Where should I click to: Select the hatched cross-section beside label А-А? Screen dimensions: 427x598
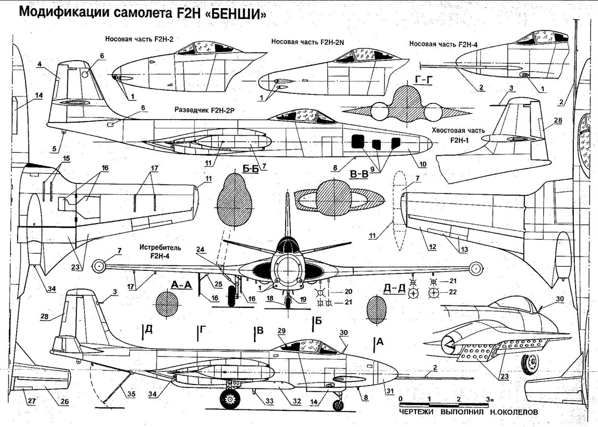(x=166, y=306)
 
